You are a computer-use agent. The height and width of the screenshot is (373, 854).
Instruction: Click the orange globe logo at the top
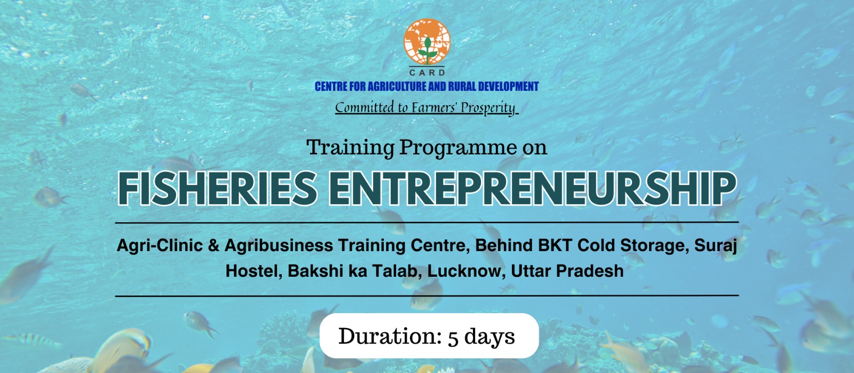[426, 41]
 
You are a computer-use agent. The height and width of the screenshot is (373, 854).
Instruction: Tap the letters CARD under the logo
[427, 72]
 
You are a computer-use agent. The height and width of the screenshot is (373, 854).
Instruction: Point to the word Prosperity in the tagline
[488, 107]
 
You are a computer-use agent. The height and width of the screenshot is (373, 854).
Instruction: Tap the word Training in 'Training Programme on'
[351, 147]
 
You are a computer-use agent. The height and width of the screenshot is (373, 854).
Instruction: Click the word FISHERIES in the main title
[217, 189]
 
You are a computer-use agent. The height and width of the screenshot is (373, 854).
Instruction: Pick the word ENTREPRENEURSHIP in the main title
[532, 189]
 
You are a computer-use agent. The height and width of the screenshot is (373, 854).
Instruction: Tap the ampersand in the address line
[213, 246]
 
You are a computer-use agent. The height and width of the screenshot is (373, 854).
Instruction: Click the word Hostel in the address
[252, 271]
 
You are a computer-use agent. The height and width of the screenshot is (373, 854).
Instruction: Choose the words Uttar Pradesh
[567, 271]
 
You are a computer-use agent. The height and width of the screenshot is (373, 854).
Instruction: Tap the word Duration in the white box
[390, 337]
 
